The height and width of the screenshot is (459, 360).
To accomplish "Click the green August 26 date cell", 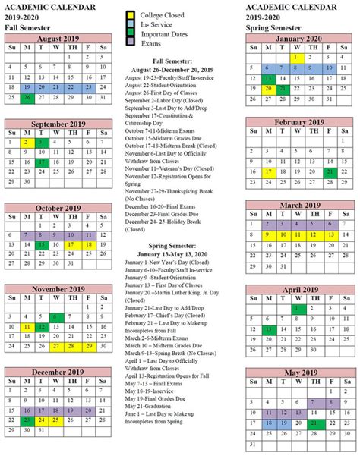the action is pos(27,98).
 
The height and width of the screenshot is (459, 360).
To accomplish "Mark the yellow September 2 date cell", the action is pos(27,142).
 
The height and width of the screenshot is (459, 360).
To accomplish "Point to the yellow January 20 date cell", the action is pos(266,88).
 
